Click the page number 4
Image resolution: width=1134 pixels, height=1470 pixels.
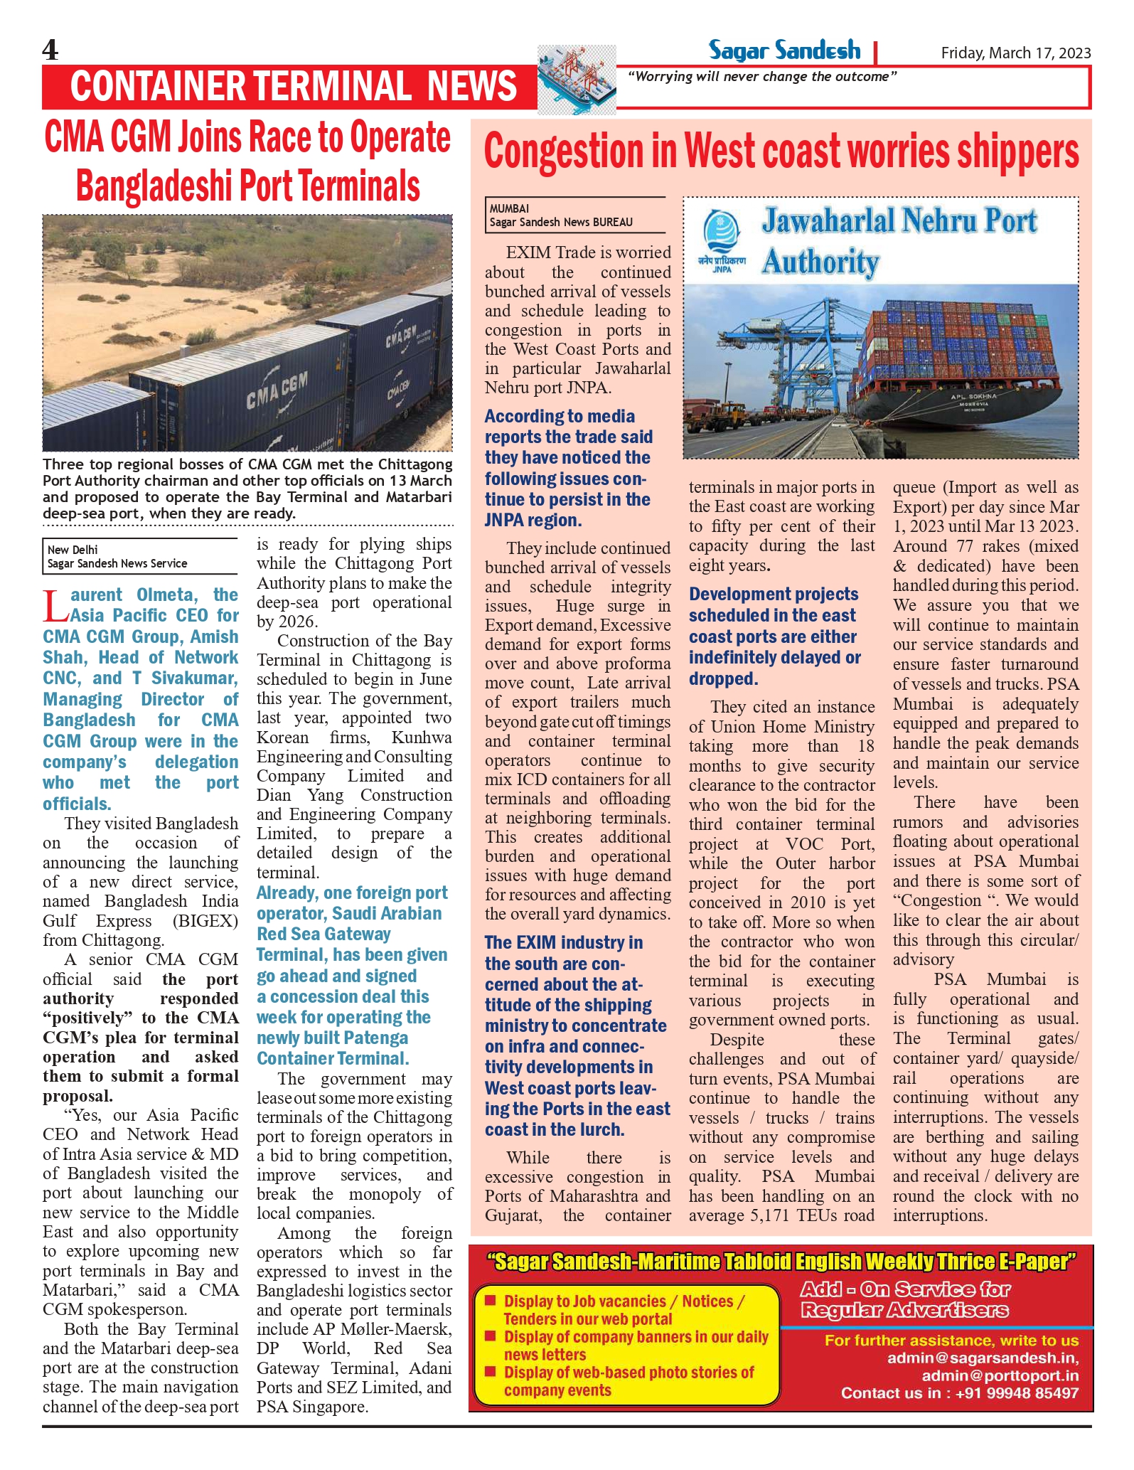pos(50,50)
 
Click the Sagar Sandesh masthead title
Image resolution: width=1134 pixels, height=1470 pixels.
pos(783,50)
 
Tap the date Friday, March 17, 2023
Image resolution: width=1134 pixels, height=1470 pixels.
pos(1015,53)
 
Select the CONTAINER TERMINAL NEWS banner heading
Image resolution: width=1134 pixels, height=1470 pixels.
pos(293,86)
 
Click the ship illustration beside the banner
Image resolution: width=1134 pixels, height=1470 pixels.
pos(577,80)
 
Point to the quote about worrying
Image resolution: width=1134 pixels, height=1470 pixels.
pos(762,77)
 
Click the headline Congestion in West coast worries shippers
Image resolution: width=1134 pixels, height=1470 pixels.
pos(781,152)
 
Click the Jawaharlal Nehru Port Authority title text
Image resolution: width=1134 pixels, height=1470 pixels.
pos(899,240)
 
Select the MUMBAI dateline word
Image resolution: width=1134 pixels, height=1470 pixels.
pos(509,208)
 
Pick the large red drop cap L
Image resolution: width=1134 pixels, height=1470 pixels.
pos(55,606)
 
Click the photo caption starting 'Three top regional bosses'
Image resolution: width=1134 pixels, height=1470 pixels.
pos(247,489)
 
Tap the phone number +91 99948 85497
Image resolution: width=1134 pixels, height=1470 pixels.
pos(1017,1392)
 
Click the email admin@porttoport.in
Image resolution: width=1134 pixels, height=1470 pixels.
pos(1000,1375)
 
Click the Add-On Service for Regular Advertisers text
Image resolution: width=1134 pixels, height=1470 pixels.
pos(905,1299)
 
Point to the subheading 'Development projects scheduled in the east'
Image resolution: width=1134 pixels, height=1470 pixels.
pos(774,604)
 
